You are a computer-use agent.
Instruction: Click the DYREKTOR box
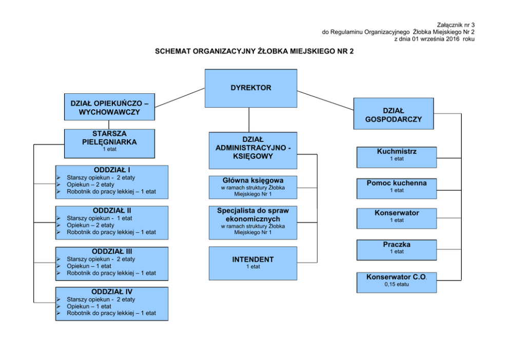(250, 88)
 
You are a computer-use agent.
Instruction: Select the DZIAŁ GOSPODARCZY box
(394, 113)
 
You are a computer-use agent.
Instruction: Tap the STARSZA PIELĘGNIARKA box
(109, 144)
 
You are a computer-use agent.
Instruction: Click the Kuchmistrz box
(397, 157)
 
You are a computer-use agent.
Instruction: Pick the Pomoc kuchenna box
(397, 188)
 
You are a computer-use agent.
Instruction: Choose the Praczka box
(397, 250)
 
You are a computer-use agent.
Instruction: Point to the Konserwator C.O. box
(397, 283)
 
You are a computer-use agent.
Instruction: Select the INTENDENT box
(253, 264)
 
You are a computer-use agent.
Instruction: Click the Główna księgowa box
(253, 187)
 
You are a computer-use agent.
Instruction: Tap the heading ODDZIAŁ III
(112, 251)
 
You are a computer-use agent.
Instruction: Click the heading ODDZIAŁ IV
(112, 292)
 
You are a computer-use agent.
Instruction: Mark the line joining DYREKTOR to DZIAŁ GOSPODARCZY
(325, 101)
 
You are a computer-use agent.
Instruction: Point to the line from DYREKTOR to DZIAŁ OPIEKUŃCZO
(180, 97)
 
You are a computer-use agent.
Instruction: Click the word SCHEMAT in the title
(172, 51)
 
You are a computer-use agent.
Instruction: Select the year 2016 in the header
(453, 39)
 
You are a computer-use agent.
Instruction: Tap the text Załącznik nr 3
(456, 25)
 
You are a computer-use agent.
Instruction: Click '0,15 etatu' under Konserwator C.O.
(397, 285)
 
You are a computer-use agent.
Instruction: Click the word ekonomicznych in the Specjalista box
(253, 218)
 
